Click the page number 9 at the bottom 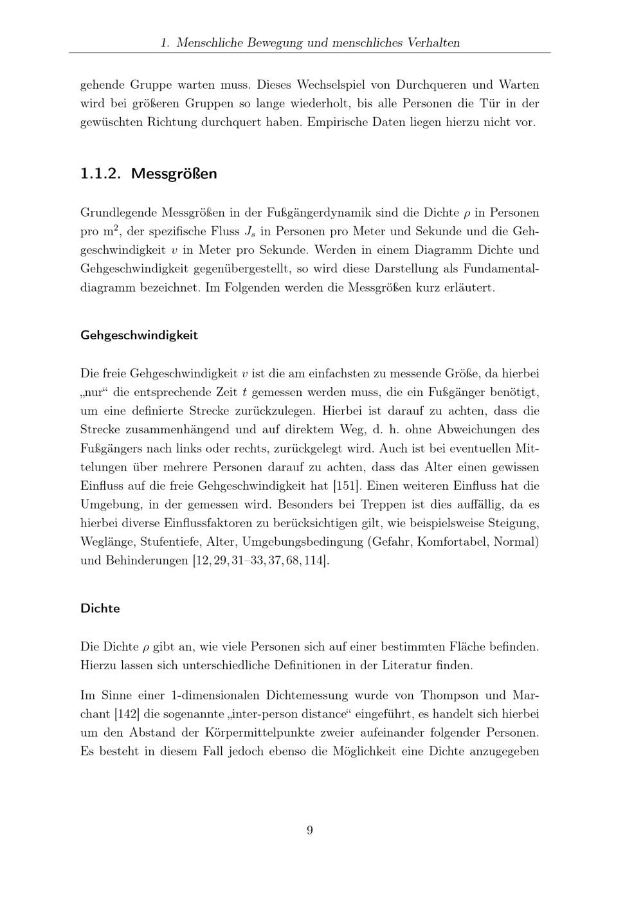click(310, 830)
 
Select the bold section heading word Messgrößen click(174, 174)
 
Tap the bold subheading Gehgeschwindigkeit click(139, 335)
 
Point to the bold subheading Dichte click(100, 607)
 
